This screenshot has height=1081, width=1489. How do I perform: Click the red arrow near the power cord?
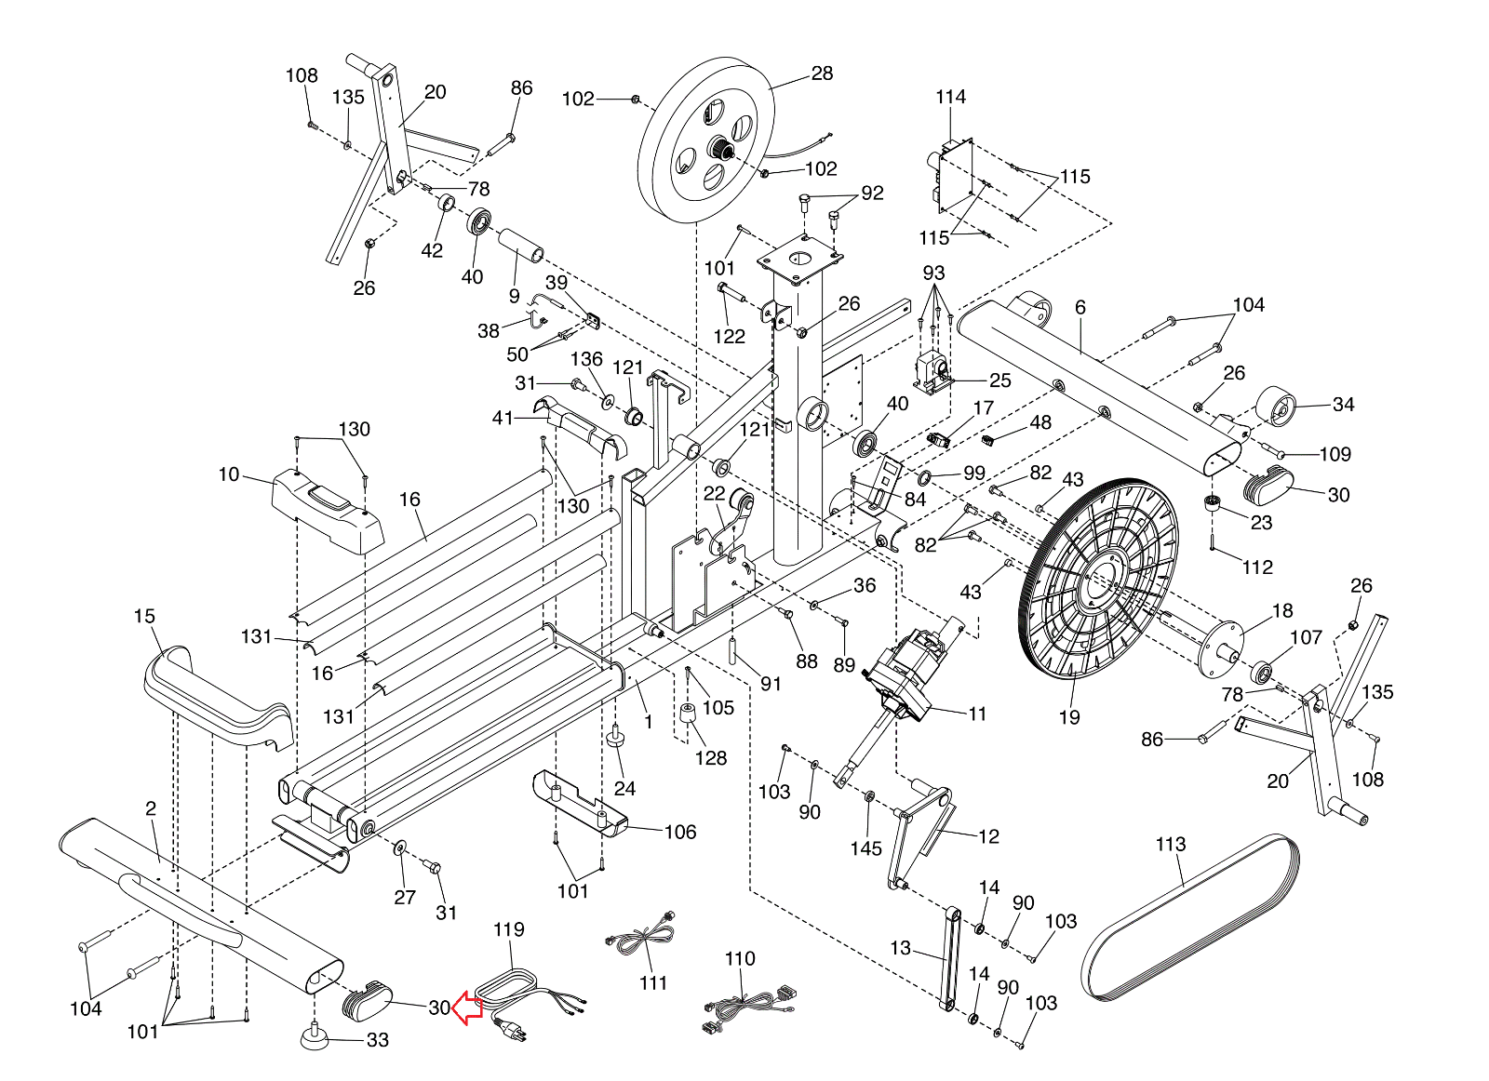[x=466, y=1008]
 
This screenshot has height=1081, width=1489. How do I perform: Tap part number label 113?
[x=1170, y=845]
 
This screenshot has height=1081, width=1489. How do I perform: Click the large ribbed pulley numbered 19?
[x=1098, y=581]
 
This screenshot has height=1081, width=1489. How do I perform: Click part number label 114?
[x=950, y=97]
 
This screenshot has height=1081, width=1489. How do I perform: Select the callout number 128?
[x=710, y=758]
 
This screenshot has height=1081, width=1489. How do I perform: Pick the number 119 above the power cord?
[x=508, y=929]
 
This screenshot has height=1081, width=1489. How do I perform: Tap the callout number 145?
[x=865, y=848]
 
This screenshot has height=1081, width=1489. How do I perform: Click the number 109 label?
[x=1335, y=454]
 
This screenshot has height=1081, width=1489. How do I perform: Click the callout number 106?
[x=679, y=832]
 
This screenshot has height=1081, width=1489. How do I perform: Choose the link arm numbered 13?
[x=950, y=958]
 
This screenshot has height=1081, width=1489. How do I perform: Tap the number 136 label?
[x=586, y=359]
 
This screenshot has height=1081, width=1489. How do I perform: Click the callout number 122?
[x=729, y=337]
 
